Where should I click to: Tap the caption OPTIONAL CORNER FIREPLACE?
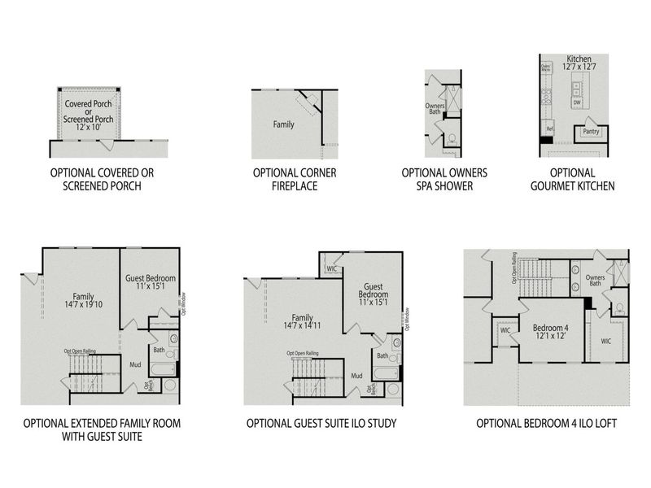pos(295,180)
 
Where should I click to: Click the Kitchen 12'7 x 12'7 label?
pos(579,63)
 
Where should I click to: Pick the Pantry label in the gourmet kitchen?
pos(592,132)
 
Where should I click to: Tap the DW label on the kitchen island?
pos(577,102)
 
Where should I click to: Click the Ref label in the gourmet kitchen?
pos(549,129)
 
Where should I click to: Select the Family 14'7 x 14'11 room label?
pos(302,322)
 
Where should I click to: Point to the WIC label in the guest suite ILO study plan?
pos(332,268)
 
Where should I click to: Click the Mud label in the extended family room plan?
pos(136,365)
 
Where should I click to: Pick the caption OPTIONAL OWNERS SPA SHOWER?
pos(443,180)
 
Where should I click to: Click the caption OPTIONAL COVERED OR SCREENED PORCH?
pos(102,180)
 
